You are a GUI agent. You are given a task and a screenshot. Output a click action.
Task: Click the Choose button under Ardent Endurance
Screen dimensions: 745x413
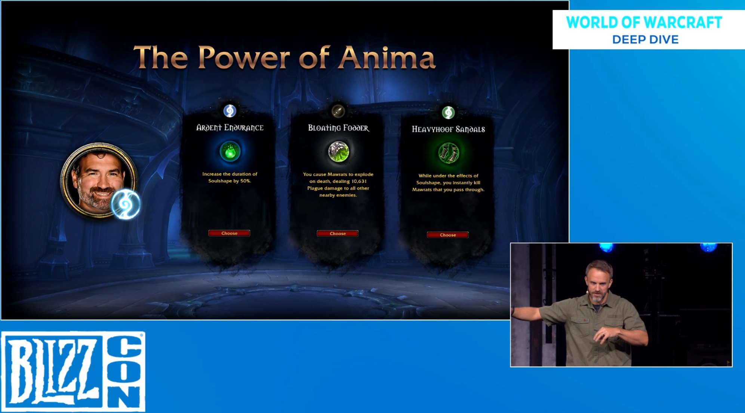[229, 233]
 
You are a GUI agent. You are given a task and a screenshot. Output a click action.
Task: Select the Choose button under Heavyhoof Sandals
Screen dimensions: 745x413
[448, 235]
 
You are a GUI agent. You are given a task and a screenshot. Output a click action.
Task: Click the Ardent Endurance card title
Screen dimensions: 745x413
[230, 128]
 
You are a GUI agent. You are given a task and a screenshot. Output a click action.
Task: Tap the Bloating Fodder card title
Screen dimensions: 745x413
[338, 128]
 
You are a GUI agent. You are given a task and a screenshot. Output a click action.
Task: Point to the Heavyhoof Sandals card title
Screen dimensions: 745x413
[448, 129]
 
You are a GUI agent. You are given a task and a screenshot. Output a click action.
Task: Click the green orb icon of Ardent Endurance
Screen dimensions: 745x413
[230, 151]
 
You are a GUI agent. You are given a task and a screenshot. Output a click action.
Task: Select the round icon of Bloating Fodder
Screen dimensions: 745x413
[338, 152]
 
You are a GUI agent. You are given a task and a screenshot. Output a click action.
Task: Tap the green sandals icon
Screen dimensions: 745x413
[449, 153]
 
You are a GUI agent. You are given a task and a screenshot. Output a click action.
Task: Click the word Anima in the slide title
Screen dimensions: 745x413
[387, 58]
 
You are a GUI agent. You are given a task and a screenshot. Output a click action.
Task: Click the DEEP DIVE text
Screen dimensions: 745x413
[645, 40]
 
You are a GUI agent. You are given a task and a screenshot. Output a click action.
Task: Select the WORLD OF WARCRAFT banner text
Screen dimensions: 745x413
[644, 22]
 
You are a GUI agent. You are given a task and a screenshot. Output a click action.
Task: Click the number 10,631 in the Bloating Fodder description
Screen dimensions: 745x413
[358, 181]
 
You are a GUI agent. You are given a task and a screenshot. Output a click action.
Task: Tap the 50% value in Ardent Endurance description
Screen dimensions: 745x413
[245, 181]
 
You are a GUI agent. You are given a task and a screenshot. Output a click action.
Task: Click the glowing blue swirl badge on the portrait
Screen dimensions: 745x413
[126, 204]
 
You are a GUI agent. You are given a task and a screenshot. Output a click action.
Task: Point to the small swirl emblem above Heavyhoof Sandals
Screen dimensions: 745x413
[448, 112]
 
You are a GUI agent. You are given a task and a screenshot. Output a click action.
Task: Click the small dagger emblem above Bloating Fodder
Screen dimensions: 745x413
[338, 111]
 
